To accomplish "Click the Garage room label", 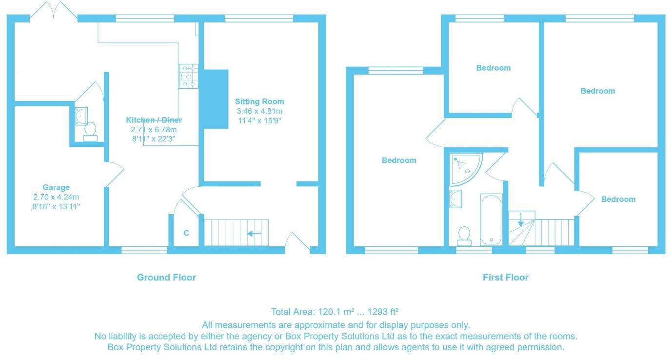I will click(x=56, y=187).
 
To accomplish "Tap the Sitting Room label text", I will click(x=259, y=102).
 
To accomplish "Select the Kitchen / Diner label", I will click(x=154, y=120).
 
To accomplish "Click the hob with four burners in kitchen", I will click(x=189, y=77).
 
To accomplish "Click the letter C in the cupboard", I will click(x=186, y=233).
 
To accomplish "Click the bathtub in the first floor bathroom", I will click(x=491, y=220).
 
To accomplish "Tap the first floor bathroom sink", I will click(x=456, y=199).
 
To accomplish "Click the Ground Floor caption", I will click(x=166, y=278).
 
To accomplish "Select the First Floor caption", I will click(x=505, y=278).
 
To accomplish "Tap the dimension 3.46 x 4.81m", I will click(x=259, y=111).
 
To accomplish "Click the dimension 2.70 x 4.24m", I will click(x=56, y=197).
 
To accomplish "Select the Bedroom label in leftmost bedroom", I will click(x=399, y=160).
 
